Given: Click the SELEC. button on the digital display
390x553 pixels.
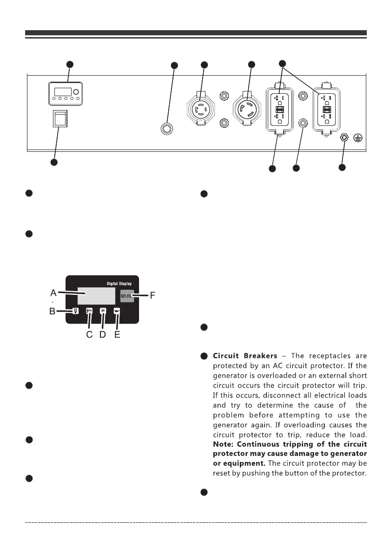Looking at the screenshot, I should (x=127, y=296).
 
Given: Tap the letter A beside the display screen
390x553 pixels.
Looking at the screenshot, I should (x=53, y=293).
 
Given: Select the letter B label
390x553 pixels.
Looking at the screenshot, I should (x=53, y=312).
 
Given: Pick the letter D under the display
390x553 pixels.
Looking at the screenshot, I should (x=103, y=335).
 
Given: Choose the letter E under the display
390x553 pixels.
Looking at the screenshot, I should (x=117, y=335).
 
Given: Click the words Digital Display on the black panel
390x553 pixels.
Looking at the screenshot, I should (x=116, y=283).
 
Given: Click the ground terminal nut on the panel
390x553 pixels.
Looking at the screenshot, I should (x=344, y=138).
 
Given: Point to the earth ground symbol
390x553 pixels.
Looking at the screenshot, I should (x=358, y=138).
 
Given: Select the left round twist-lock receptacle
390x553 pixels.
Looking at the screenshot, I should (x=199, y=111).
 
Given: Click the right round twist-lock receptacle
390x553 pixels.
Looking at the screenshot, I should (x=247, y=111).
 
